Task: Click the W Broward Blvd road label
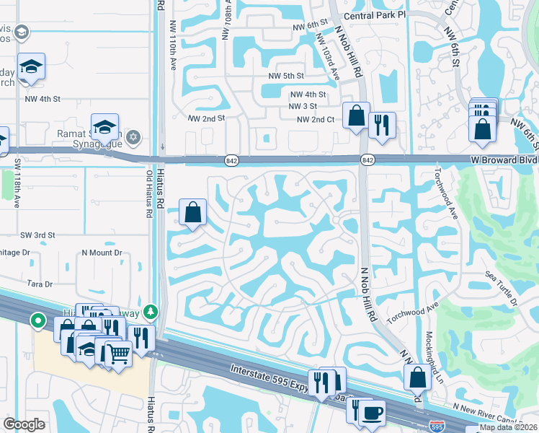pos(504,159)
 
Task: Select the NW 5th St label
pos(286,75)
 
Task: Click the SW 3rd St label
pos(37,235)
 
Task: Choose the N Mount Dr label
pos(102,253)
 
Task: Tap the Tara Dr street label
pos(40,284)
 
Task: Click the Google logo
pos(24,424)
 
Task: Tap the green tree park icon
pos(151,312)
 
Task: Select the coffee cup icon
pos(372,413)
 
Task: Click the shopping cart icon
pos(119,354)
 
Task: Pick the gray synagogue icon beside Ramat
pos(133,136)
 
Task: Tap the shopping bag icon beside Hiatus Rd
pos(193,212)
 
